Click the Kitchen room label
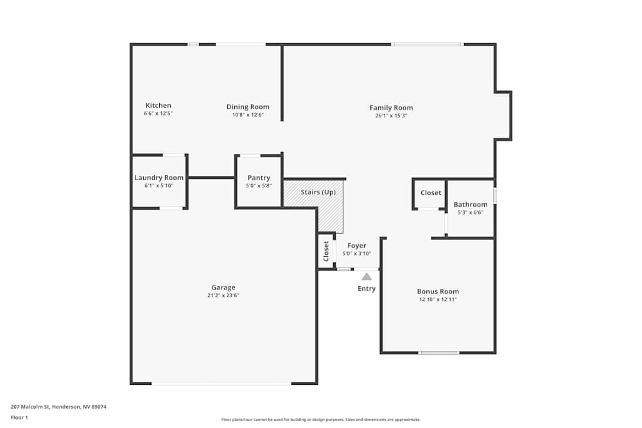pos(158,105)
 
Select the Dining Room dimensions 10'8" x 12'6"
pos(248,115)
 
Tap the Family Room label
pos(391,108)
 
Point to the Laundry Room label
pos(159,178)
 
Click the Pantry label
pos(258,178)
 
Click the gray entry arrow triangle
pos(366,277)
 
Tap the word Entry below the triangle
pos(366,289)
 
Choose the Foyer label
pos(356,246)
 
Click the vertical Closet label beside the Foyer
pos(326,251)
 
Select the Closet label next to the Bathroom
pos(431,193)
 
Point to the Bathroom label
pos(470,205)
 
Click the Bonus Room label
pos(438,291)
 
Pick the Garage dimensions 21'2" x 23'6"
pos(223,296)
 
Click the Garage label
pos(223,287)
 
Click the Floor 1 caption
pos(19,417)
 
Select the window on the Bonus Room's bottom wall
pos(438,352)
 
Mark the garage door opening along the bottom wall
pos(221,384)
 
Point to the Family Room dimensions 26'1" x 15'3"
pos(391,116)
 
